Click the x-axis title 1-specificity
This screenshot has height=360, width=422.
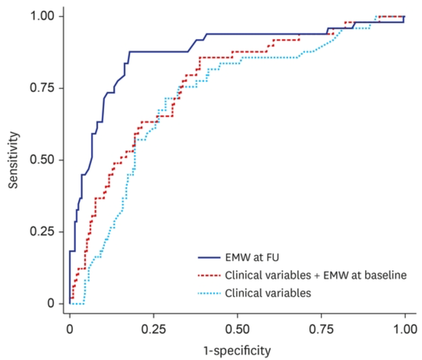coord(237,350)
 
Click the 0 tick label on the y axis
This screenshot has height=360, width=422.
coord(51,304)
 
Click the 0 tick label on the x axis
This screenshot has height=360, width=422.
coord(70,329)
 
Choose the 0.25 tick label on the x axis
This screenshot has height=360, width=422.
coord(153,329)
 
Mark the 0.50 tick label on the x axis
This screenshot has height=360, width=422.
coord(237,329)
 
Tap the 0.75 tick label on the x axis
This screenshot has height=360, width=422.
coord(321,329)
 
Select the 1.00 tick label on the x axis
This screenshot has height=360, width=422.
coord(405,329)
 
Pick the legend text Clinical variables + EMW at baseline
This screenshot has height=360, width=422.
coord(315,276)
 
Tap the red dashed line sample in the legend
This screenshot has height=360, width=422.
coord(209,276)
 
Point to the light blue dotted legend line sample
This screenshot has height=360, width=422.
coord(209,293)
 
